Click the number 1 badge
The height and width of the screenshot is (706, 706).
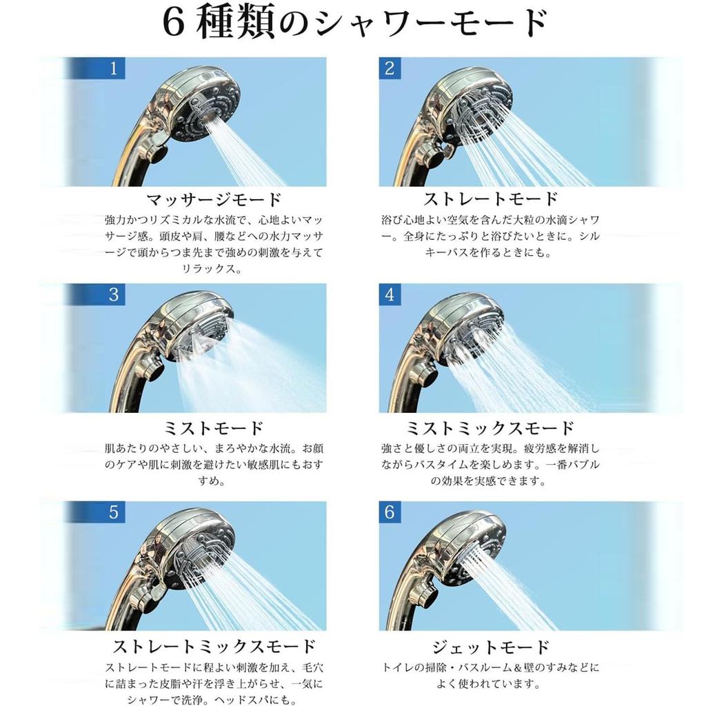pyautogui.click(x=114, y=68)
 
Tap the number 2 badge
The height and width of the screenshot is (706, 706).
pyautogui.click(x=390, y=68)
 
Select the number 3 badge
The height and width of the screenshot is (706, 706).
pyautogui.click(x=114, y=294)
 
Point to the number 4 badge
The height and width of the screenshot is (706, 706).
pyautogui.click(x=390, y=294)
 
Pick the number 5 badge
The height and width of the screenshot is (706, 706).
pyautogui.click(x=114, y=513)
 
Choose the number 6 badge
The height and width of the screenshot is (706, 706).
pyautogui.click(x=390, y=513)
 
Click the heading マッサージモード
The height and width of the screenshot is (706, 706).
pyautogui.click(x=214, y=200)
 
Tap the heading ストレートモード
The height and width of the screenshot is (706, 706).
pyautogui.click(x=490, y=200)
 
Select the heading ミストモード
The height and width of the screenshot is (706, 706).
pyautogui.click(x=214, y=427)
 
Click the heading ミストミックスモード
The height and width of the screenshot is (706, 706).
pyautogui.click(x=490, y=427)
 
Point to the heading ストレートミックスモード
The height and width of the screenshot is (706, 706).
pyautogui.click(x=214, y=646)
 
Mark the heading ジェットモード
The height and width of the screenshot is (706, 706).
pyautogui.click(x=490, y=647)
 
